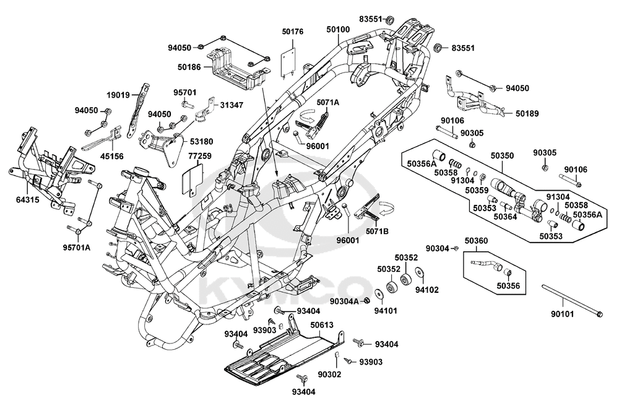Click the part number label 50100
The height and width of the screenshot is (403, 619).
[x=339, y=29]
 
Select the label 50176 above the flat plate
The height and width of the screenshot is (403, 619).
[x=293, y=32]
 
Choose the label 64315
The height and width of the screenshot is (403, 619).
[x=28, y=200]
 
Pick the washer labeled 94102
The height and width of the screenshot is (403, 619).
[x=418, y=273]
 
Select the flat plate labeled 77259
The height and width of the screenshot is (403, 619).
[x=193, y=180]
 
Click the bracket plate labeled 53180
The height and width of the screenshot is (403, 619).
[x=162, y=148]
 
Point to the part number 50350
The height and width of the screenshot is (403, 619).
[x=502, y=155]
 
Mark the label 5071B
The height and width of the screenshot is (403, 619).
[x=377, y=232]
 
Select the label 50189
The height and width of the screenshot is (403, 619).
[x=527, y=113]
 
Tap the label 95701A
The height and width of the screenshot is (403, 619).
[x=77, y=248]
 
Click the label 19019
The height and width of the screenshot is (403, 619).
[x=118, y=95]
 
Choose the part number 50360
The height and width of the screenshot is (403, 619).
[x=476, y=240]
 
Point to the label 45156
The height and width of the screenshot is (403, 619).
[x=111, y=156]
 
